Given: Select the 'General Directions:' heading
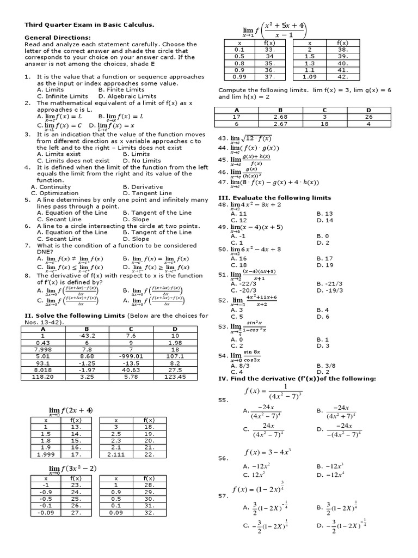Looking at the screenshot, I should point(57,38).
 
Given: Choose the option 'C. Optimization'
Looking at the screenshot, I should point(54,193).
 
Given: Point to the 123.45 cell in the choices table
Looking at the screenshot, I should point(175,377).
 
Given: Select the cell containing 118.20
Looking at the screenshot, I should point(43,377).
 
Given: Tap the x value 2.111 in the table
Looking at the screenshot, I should point(116,454).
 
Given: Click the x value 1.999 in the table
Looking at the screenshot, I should point(46,454).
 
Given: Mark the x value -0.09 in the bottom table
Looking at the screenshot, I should point(46,512).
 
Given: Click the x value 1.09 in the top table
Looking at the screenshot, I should point(310,77).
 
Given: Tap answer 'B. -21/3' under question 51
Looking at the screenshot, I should point(330,283).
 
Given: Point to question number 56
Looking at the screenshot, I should point(223,458).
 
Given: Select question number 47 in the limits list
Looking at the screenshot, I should point(222,183).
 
